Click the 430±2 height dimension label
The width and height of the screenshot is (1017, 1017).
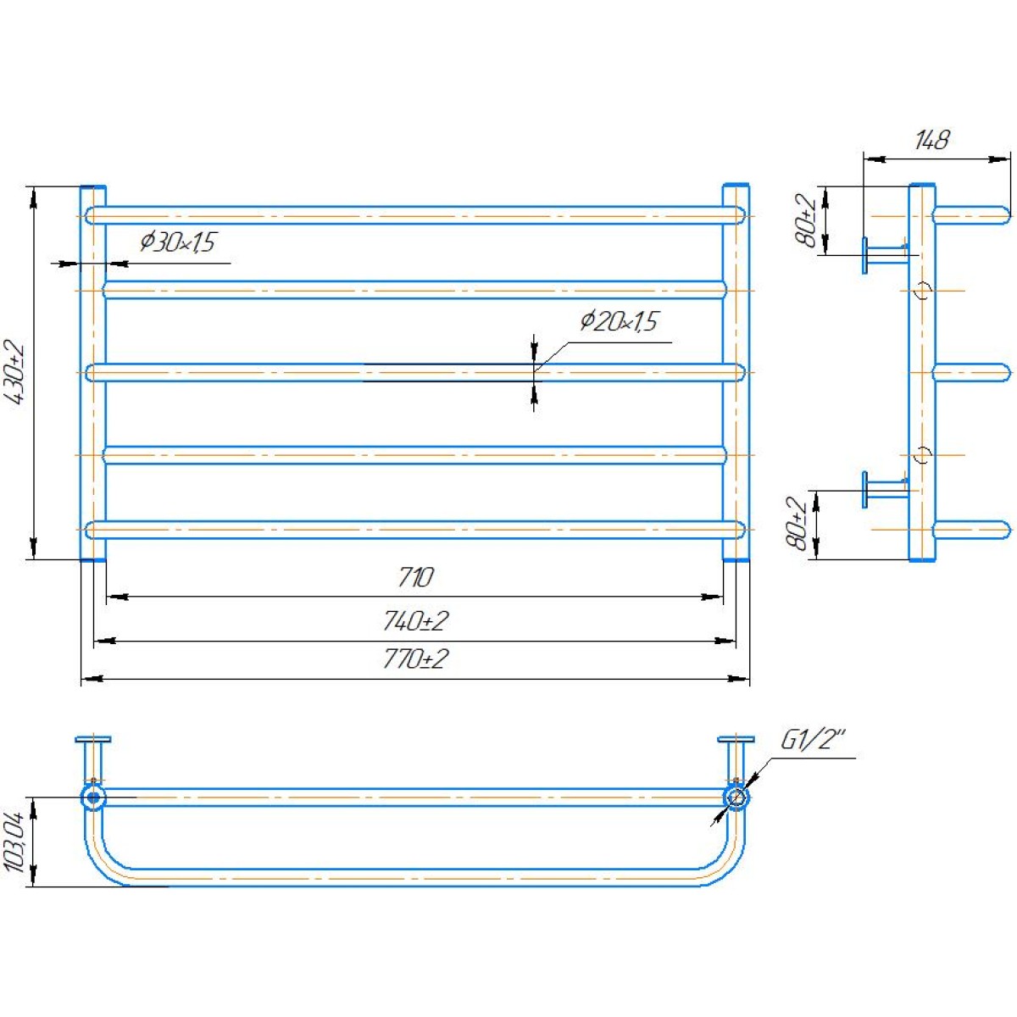(x=16, y=373)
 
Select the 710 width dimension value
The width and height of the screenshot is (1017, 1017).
(x=415, y=577)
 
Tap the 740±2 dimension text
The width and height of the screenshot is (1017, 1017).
(x=415, y=621)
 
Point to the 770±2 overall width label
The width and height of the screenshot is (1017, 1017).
(x=415, y=659)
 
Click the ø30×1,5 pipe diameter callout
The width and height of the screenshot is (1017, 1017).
(x=178, y=242)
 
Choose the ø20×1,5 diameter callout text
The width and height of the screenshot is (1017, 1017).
(x=619, y=321)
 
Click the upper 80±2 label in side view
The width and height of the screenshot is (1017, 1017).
(x=806, y=220)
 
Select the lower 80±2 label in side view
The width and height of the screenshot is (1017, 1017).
(x=797, y=523)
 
